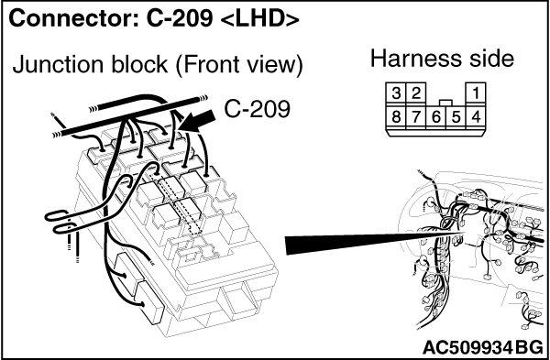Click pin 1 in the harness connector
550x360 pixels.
pyautogui.click(x=476, y=93)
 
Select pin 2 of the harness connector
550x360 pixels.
pyautogui.click(x=415, y=93)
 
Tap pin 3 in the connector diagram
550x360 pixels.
pyautogui.click(x=396, y=93)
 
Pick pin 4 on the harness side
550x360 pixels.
pyautogui.click(x=476, y=116)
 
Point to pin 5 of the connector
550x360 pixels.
pyautogui.click(x=456, y=116)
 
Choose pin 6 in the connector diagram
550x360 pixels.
pyautogui.click(x=435, y=116)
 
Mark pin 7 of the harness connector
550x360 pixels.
pyautogui.click(x=415, y=116)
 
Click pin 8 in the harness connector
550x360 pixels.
pyautogui.click(x=396, y=116)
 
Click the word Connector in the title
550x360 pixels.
pyautogui.click(x=74, y=18)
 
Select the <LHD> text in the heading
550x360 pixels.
pyautogui.click(x=260, y=19)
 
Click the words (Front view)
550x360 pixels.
pyautogui.click(x=238, y=65)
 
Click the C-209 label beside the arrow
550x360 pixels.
pyautogui.click(x=257, y=109)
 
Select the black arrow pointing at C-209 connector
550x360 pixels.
pyautogui.click(x=198, y=121)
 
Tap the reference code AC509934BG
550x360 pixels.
pyautogui.click(x=483, y=348)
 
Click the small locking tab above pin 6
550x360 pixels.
pyautogui.click(x=445, y=103)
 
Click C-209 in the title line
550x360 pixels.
pyautogui.click(x=180, y=18)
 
